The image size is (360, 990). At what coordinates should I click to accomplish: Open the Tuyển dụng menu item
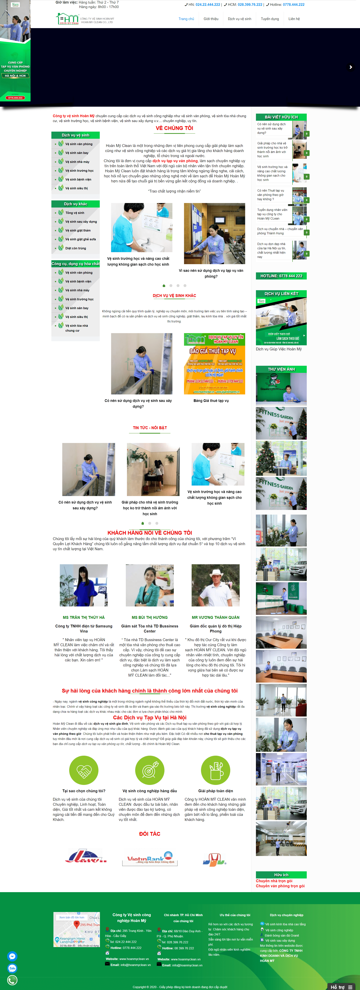pos(270,19)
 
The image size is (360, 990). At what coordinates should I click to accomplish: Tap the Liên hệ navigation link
pos(294,19)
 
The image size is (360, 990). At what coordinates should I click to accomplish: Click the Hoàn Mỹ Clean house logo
pos(67,18)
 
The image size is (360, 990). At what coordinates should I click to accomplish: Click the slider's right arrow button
pos(350,67)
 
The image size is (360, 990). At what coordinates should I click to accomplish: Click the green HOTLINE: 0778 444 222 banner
pos(281,276)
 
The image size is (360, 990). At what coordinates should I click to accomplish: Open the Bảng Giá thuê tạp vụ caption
pos(211,400)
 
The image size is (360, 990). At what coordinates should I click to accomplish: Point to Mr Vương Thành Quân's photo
pos(216,585)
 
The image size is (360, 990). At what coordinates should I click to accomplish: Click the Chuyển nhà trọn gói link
pos(274,881)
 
